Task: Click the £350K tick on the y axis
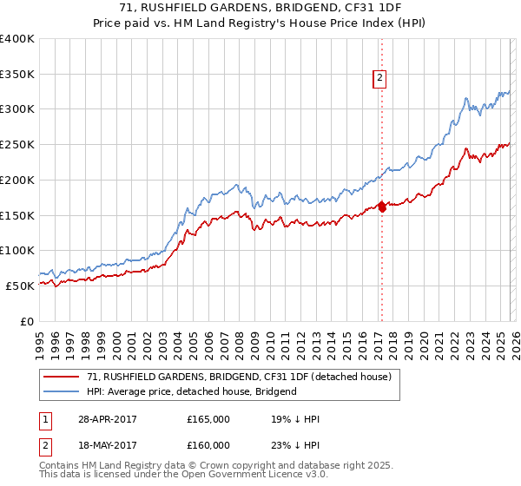17,75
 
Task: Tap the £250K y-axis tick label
17,145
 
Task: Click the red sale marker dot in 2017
382,207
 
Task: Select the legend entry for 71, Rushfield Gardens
239,377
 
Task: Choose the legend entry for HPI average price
191,391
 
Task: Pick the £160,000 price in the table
208,445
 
